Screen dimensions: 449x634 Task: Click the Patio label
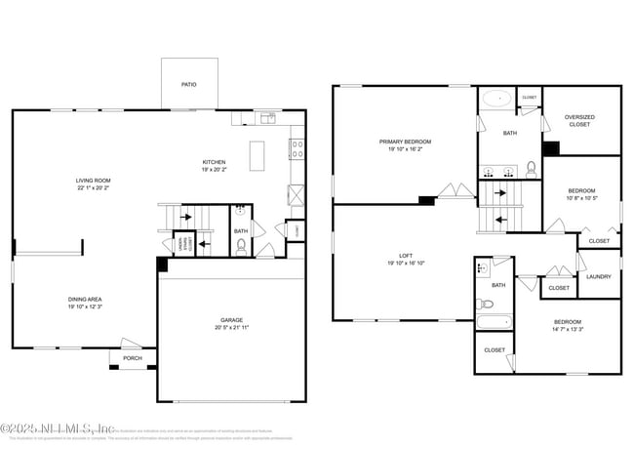pos(188,85)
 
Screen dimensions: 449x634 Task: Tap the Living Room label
pos(95,181)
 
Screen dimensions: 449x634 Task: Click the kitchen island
pos(258,155)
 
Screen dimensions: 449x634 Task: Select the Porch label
pos(132,358)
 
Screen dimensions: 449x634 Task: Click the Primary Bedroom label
pos(405,142)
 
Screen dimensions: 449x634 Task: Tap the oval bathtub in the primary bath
pos(496,99)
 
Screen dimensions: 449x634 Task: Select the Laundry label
pos(599,276)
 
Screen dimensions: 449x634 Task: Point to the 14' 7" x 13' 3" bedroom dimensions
pos(568,330)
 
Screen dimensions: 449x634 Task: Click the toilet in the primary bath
pos(532,169)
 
